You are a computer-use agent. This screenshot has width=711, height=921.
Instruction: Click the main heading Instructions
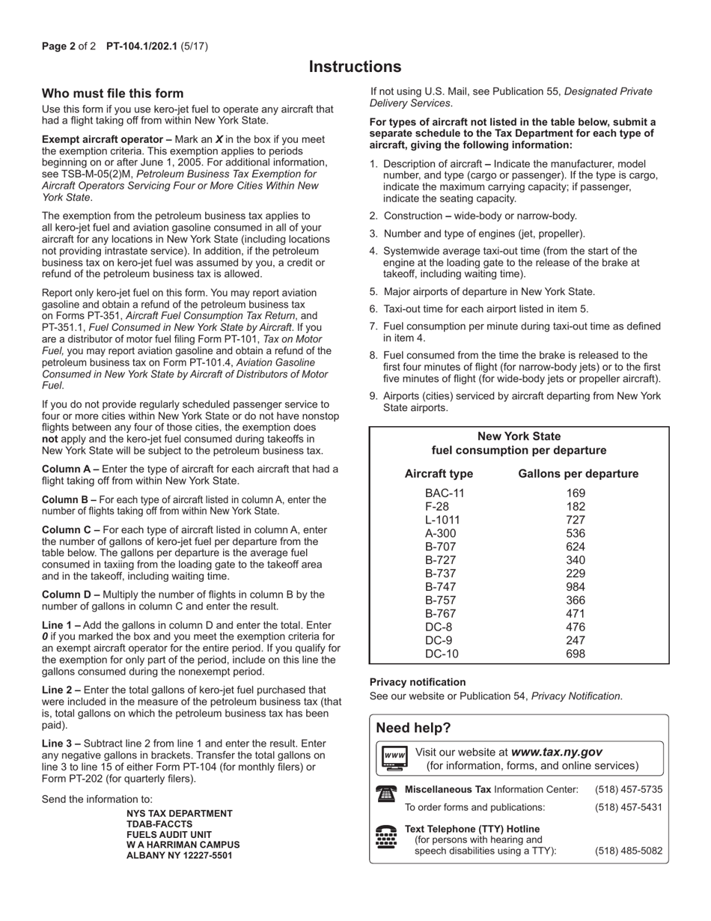tap(355, 67)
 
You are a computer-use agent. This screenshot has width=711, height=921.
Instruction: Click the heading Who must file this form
tap(112, 94)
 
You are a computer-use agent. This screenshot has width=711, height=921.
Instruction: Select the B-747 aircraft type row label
tap(440, 587)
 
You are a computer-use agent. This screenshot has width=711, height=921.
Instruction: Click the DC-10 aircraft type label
tap(442, 654)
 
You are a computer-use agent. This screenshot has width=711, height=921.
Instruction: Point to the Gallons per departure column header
tap(578, 474)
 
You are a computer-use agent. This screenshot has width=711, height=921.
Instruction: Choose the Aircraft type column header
tap(439, 474)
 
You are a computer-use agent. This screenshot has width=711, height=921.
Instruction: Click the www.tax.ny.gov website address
tap(556, 752)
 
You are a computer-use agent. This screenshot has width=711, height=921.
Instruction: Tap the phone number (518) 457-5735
tap(628, 789)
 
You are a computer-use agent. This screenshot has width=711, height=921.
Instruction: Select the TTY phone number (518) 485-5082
tap(628, 851)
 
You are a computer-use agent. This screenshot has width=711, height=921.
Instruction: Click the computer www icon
tap(394, 758)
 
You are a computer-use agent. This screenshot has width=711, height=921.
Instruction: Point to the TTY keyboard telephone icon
tap(386, 837)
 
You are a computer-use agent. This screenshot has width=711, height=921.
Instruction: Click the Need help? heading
tap(413, 729)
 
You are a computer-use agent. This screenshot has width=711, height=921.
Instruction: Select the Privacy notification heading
tap(417, 682)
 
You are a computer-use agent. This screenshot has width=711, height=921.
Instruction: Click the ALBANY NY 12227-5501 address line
tap(179, 855)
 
